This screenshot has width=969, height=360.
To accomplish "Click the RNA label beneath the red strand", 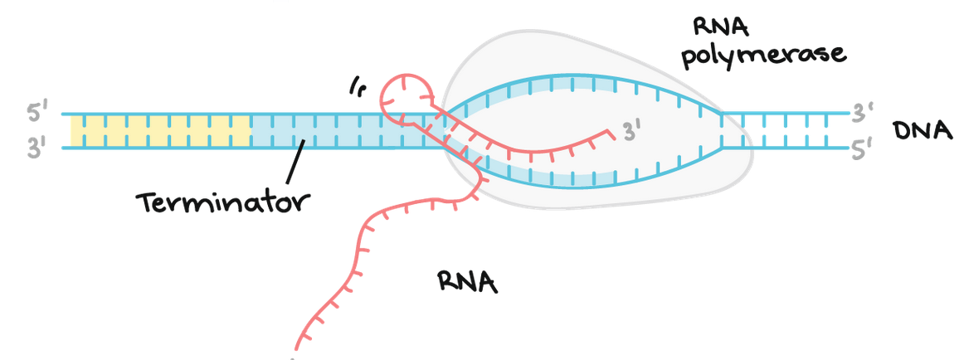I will click(468, 283).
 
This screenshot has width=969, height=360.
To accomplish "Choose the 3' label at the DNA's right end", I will click(863, 112).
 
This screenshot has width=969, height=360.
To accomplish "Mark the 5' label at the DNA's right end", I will click(863, 149).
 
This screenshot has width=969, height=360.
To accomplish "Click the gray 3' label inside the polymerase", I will click(632, 132).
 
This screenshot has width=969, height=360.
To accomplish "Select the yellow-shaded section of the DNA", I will click(160, 131).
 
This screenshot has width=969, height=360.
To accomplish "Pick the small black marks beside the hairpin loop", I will click(358, 85).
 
